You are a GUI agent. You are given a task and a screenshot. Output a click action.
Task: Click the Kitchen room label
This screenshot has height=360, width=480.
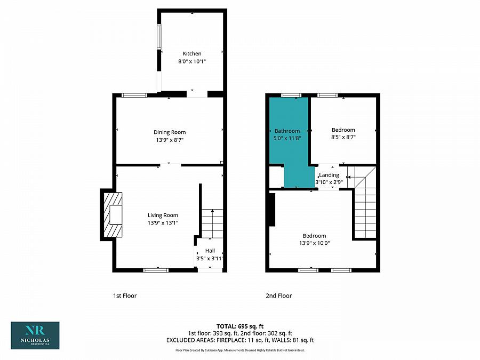pyautogui.click(x=192, y=53)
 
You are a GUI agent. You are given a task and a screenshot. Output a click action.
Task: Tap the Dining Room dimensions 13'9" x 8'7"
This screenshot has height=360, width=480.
pyautogui.click(x=170, y=140)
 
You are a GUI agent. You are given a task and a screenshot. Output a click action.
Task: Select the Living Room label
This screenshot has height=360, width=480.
pyautogui.click(x=163, y=215)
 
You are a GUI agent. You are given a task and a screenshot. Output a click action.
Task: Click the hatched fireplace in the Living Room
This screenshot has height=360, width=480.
pyautogui.click(x=113, y=214)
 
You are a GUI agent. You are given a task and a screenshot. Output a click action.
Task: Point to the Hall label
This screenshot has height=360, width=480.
pyautogui.click(x=209, y=251)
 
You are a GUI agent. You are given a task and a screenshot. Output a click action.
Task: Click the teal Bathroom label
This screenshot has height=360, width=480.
pyautogui.click(x=287, y=131)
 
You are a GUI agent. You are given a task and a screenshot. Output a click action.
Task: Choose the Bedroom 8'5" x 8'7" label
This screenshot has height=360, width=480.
pyautogui.click(x=343, y=130)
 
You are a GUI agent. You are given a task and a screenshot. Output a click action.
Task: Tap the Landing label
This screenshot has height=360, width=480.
pyautogui.click(x=329, y=175)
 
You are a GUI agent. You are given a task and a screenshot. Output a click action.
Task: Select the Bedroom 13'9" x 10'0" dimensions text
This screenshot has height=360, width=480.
pyautogui.click(x=314, y=243)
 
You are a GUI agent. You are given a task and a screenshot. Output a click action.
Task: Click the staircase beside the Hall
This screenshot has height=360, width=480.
pyautogui.click(x=212, y=223)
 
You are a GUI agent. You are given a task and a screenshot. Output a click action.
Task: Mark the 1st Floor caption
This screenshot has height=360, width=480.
pyautogui.click(x=125, y=295)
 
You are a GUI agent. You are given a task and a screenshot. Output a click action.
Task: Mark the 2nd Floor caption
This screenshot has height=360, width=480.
pyautogui.click(x=279, y=295)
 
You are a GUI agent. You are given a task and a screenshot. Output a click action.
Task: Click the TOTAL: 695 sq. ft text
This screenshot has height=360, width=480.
pyautogui.click(x=240, y=326)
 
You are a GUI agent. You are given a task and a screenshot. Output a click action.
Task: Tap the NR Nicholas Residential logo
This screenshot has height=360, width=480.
pyautogui.click(x=35, y=335)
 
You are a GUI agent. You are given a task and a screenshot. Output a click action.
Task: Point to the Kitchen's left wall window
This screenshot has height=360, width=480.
pyautogui.click(x=158, y=37)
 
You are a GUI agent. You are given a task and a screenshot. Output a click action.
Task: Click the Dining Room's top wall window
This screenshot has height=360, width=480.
pyautogui.click(x=134, y=95)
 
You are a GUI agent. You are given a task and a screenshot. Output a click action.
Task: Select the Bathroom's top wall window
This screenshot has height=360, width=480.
pyautogui.click(x=291, y=95)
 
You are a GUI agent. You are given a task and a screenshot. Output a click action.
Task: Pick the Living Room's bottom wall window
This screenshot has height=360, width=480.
pyautogui.click(x=156, y=270)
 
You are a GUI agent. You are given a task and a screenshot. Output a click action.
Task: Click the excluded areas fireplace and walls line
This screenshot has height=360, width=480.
pyautogui.click(x=240, y=340)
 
